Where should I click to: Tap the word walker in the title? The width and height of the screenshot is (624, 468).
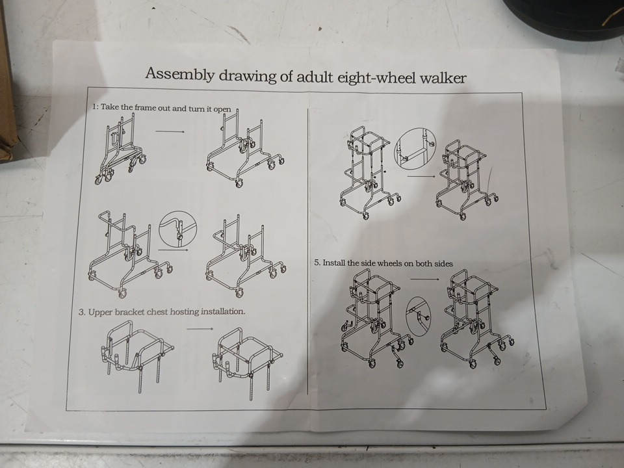443,77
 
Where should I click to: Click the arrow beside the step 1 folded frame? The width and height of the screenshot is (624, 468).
170,131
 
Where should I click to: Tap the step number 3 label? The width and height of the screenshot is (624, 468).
82,312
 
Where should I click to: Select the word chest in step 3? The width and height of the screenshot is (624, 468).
157,311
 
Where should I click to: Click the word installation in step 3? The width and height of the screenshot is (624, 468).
223,311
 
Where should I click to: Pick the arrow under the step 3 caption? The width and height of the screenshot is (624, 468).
200,329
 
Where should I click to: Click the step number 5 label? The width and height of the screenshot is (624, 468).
317,263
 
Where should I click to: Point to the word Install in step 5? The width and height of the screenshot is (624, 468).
334,263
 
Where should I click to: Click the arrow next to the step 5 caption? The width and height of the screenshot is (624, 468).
424,279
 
